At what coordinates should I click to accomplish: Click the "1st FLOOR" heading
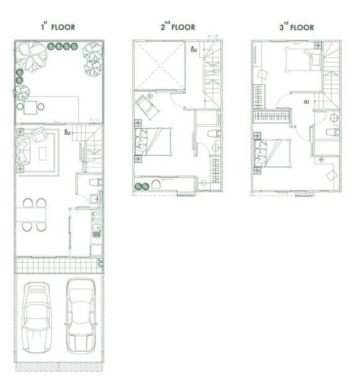tap(58, 27)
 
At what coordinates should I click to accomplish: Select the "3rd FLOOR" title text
tap(296, 27)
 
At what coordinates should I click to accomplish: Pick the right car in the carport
tap(82, 312)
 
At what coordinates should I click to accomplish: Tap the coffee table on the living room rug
tap(43, 152)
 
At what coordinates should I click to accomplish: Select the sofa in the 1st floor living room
tap(23, 148)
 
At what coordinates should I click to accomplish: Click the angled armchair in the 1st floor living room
tap(39, 134)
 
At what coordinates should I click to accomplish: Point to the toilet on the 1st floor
tap(94, 182)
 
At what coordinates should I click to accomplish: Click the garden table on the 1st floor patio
tap(30, 106)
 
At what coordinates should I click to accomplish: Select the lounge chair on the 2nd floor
tap(147, 106)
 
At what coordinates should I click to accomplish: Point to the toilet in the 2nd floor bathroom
tap(214, 133)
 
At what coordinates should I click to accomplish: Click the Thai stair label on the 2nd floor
tap(194, 49)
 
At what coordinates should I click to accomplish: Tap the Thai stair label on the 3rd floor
tap(306, 101)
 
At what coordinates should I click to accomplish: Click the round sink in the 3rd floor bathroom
tap(333, 117)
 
